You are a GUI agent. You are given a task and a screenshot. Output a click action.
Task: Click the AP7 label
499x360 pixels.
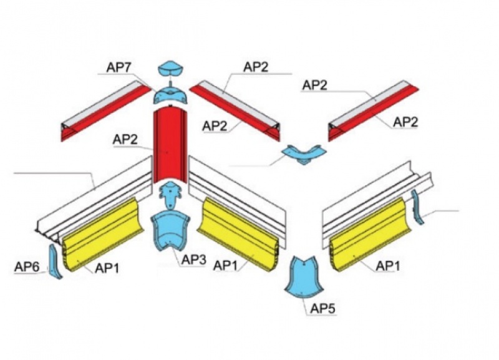[x=118, y=67]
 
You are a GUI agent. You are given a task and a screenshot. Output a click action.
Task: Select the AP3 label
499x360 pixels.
[x=194, y=260]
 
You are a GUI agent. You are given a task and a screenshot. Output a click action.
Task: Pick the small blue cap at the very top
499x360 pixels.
[x=172, y=69]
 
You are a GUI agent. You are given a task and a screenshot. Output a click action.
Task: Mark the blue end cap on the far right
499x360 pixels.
[x=418, y=207]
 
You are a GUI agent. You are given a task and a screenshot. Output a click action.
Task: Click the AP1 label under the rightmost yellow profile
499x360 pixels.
[x=389, y=265]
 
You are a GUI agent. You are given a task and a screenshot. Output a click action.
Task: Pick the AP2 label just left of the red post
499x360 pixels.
[x=125, y=140]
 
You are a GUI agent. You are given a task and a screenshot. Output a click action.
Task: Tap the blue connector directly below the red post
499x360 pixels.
[x=172, y=194]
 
